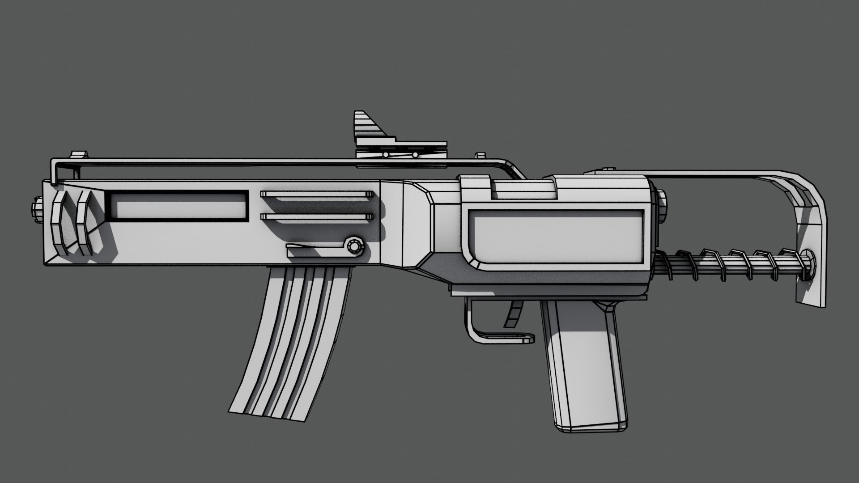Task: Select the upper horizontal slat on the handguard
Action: pos(317,194)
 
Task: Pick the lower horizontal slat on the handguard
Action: pos(317,216)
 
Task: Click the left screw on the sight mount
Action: pos(385,154)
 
